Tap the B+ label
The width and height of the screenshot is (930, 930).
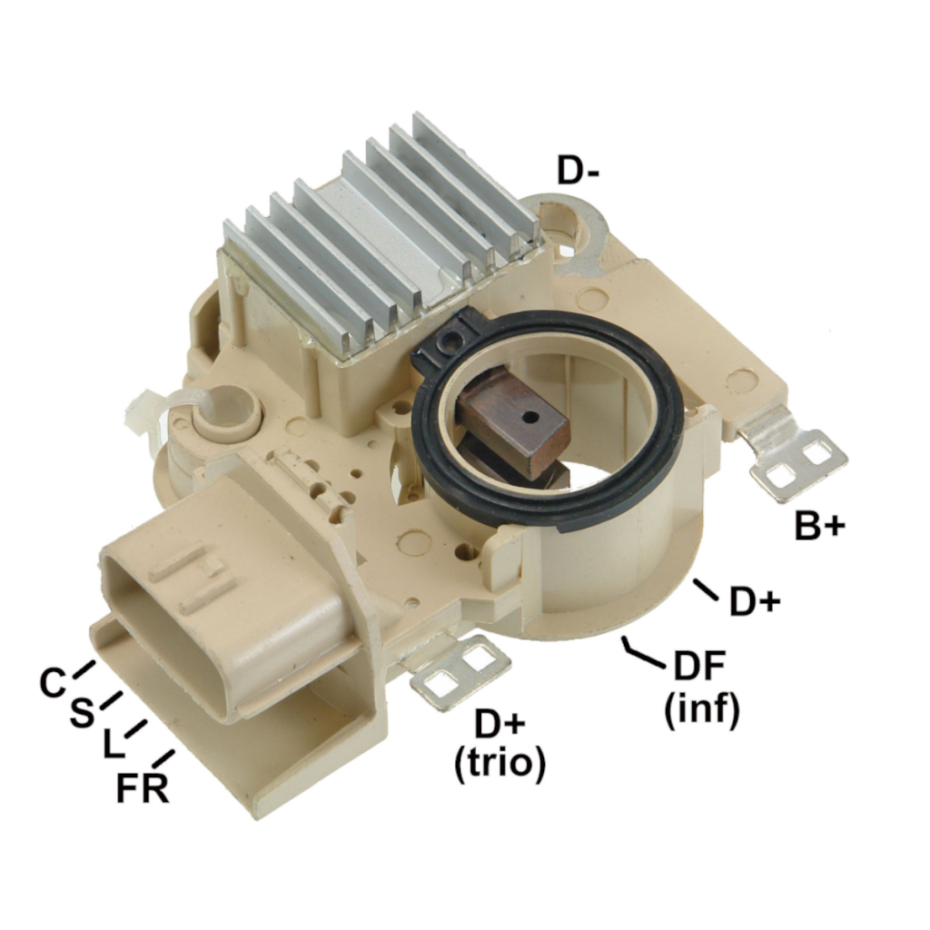(x=820, y=525)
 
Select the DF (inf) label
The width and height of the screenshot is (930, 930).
(x=702, y=688)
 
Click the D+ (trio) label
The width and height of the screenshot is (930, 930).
(x=500, y=745)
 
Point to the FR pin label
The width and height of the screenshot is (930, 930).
(x=143, y=788)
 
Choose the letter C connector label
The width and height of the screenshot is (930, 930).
(x=52, y=682)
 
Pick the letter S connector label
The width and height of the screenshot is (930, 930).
(x=82, y=712)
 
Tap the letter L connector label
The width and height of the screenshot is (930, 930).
(x=114, y=745)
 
